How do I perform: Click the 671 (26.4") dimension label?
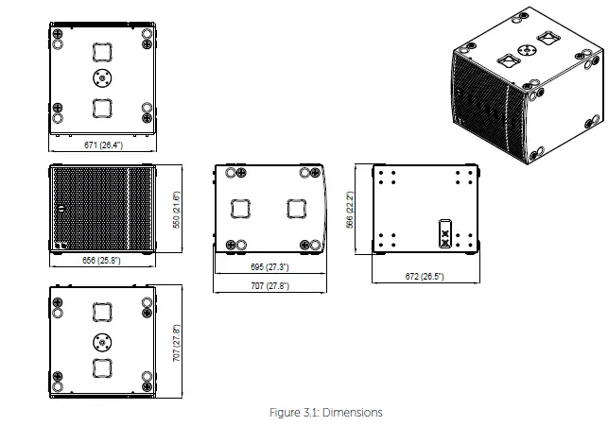[x=103, y=145]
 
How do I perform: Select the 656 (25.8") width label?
[x=102, y=260]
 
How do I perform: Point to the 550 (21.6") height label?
[x=176, y=210]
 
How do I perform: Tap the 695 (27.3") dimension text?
[x=270, y=267]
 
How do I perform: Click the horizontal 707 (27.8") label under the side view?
[x=270, y=285]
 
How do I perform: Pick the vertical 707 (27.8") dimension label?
[x=176, y=342]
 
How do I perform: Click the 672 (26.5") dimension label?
[x=425, y=277]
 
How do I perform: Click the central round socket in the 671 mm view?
[x=102, y=77]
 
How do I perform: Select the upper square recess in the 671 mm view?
[x=102, y=51]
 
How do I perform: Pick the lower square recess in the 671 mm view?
[x=102, y=107]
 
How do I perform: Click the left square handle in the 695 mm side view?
[x=241, y=209]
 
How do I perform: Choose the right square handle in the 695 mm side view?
[x=297, y=209]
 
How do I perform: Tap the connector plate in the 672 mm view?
[x=445, y=233]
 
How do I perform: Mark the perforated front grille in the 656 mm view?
[x=102, y=209]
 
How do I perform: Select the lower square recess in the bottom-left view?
[x=102, y=367]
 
